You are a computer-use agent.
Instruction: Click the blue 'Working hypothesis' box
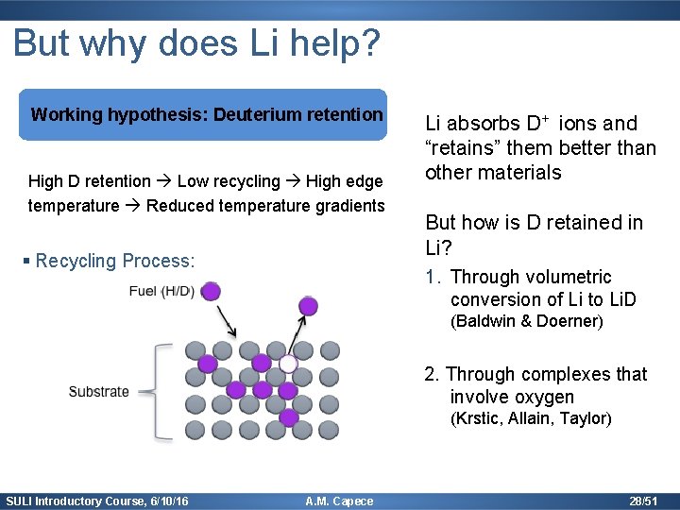tap(207, 114)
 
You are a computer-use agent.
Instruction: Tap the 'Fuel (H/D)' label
tap(161, 290)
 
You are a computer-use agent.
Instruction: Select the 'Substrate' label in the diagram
tap(98, 391)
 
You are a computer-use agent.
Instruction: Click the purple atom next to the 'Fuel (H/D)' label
tap(212, 291)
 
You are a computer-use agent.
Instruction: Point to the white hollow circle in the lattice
tap(288, 364)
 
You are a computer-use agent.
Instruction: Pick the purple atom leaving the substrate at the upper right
tap(308, 306)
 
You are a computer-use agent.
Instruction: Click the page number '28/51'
tap(644, 501)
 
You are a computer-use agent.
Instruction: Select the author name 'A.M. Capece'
tap(340, 501)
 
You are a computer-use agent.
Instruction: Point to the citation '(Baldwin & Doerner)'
tap(526, 321)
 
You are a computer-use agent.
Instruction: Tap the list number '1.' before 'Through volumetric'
tap(433, 277)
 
